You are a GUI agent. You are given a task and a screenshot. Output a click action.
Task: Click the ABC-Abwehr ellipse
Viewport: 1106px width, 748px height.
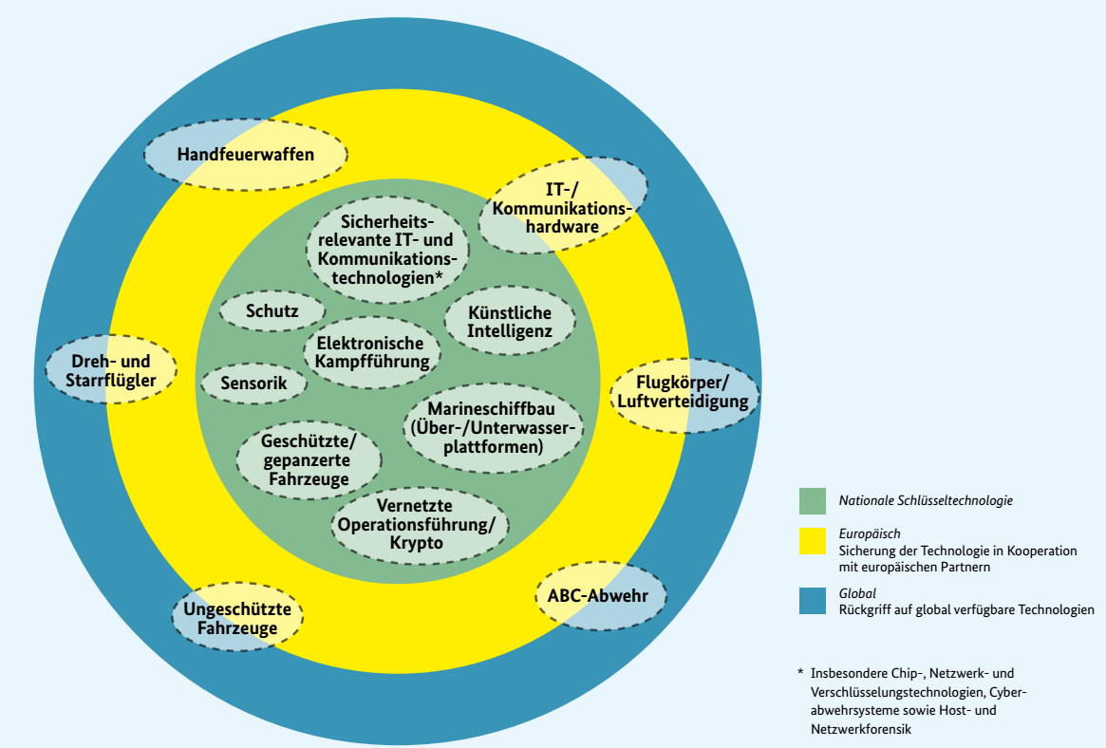pyautogui.click(x=602, y=597)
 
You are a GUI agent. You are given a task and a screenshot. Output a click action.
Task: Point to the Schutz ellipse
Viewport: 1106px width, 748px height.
pyautogui.click(x=272, y=311)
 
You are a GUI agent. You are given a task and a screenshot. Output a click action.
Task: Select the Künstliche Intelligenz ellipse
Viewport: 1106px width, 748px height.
pyautogui.click(x=511, y=321)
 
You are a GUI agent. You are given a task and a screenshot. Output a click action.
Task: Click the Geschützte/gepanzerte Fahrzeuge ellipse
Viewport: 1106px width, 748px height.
pyautogui.click(x=308, y=459)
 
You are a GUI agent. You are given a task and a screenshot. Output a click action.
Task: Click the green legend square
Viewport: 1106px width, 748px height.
pyautogui.click(x=813, y=500)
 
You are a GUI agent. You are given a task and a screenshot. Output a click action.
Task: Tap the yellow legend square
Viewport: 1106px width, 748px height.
pyautogui.click(x=813, y=541)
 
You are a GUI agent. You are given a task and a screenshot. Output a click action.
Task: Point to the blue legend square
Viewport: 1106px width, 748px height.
pyautogui.click(x=813, y=601)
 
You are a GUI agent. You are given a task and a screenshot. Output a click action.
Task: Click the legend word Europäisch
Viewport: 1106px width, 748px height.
pyautogui.click(x=870, y=533)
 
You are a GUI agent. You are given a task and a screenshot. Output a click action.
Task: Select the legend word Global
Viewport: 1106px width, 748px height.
pyautogui.click(x=857, y=593)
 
